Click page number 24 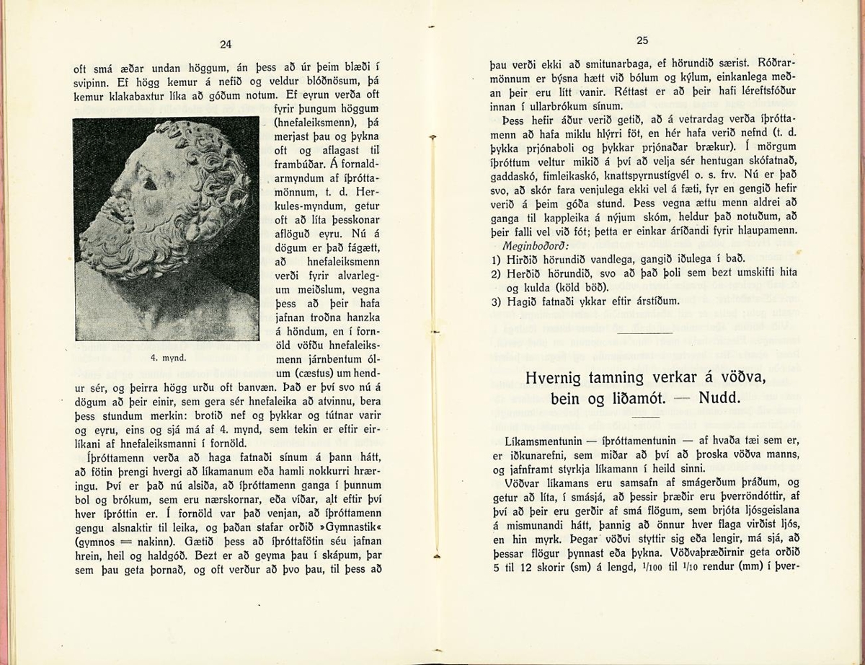[226, 45]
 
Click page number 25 [643, 41]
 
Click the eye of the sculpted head [151, 184]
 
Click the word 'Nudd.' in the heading [721, 398]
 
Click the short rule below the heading [647, 417]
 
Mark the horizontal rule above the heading [646, 334]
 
